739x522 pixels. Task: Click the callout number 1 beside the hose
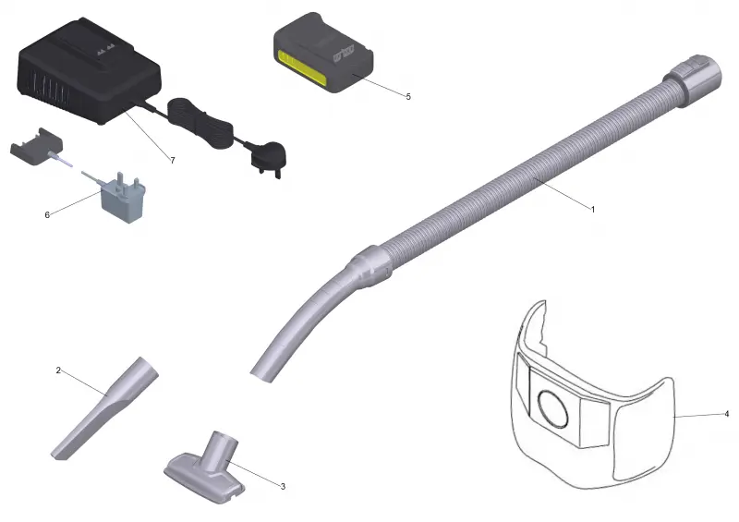click(x=593, y=209)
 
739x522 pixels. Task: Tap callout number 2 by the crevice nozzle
click(x=58, y=370)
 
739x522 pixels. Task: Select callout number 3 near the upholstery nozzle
click(x=283, y=486)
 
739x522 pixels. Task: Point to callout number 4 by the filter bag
click(x=726, y=414)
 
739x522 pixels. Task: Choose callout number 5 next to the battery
click(x=408, y=96)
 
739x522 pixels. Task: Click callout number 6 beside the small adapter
click(x=47, y=215)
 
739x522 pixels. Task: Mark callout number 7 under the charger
click(x=173, y=161)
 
